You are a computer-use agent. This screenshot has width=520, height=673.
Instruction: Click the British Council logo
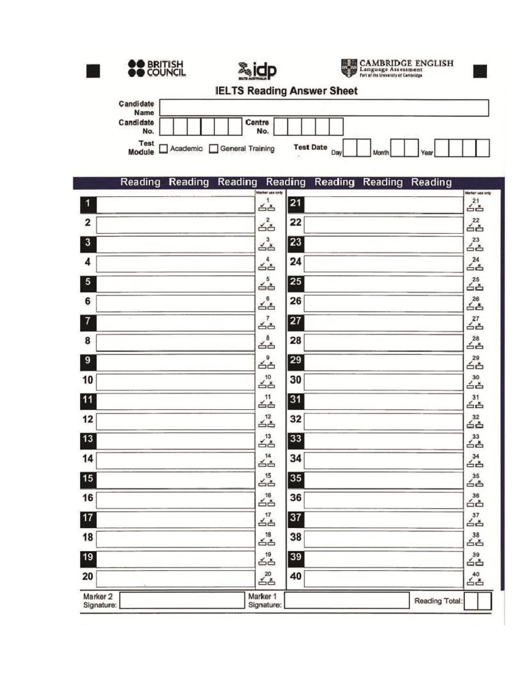(x=156, y=68)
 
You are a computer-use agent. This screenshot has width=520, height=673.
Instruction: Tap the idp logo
(x=257, y=70)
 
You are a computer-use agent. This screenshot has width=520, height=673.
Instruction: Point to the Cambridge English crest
(x=349, y=68)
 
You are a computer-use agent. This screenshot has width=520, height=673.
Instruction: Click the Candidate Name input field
(x=324, y=108)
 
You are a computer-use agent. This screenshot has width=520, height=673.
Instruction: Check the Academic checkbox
(x=163, y=149)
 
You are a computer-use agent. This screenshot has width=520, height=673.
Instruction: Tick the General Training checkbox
(x=213, y=149)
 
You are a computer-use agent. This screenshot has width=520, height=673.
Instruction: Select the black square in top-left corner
(x=93, y=71)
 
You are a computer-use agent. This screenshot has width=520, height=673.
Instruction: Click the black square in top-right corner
(x=480, y=71)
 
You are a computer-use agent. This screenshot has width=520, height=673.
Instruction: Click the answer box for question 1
(x=175, y=205)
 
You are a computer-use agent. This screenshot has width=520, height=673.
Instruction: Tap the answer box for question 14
(x=175, y=460)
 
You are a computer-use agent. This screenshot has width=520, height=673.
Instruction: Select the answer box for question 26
(x=383, y=303)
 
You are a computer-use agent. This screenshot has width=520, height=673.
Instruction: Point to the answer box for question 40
(x=383, y=579)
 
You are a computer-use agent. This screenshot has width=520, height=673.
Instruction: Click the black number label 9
(x=88, y=361)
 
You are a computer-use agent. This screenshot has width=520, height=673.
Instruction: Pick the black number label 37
(x=296, y=519)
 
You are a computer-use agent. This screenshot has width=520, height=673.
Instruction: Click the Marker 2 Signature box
(x=182, y=601)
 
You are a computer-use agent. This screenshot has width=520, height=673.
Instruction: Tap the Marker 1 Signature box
(x=347, y=601)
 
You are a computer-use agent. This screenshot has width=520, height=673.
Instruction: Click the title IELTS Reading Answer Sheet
(x=286, y=91)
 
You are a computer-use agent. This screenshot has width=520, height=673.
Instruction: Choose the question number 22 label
(x=296, y=223)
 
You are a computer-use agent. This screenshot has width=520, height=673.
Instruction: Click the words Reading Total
(x=438, y=601)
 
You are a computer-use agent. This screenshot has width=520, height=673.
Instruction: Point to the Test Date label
(x=310, y=147)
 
